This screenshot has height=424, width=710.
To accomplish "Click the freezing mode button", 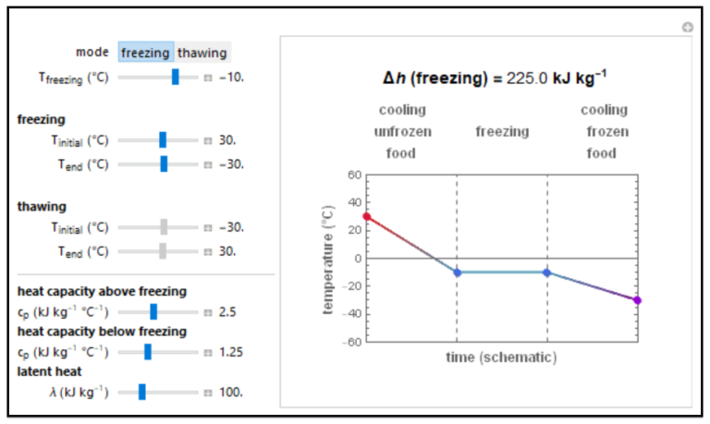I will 145,53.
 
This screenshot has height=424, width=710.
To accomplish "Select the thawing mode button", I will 202,53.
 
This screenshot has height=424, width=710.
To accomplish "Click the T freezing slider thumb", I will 175,78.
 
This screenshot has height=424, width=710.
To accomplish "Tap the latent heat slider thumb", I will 142,392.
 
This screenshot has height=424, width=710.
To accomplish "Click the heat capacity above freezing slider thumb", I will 153,312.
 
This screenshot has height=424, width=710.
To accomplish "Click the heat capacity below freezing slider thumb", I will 148,352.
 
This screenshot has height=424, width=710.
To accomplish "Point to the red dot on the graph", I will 367,217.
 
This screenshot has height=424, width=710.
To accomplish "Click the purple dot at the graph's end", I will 637,300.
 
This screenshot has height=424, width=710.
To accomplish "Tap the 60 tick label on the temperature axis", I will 352,175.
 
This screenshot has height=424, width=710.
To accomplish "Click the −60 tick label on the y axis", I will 349,342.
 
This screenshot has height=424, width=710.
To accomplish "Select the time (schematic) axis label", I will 502,357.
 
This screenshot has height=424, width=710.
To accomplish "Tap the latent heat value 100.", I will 231,392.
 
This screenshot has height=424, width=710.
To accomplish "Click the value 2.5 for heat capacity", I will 227,312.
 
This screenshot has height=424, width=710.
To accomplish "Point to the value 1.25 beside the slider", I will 231,352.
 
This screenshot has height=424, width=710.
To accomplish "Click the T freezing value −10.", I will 231,78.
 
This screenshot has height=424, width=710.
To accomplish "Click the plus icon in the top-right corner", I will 687,28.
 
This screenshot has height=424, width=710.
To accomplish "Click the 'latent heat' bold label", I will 51,371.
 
